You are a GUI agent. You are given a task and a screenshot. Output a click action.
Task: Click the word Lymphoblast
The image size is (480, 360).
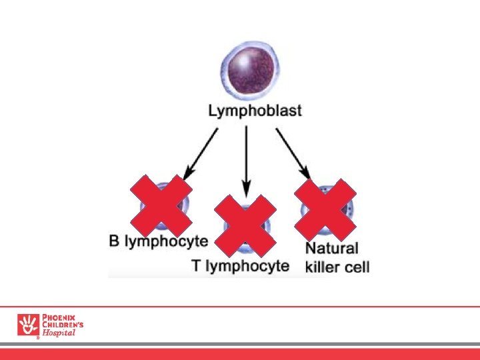point(255,111)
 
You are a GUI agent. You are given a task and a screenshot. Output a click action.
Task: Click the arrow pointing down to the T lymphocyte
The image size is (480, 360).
point(247,160)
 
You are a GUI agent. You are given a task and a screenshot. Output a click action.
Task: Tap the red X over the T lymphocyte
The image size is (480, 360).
point(245,226)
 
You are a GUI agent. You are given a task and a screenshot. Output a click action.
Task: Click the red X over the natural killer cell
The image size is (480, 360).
point(325,209)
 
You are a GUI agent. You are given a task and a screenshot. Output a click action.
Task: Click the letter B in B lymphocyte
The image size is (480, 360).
point(114,241)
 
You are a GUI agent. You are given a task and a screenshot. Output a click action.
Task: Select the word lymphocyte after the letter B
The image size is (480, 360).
point(167,241)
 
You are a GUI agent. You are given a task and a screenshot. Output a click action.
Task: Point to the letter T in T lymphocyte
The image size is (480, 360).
point(196,265)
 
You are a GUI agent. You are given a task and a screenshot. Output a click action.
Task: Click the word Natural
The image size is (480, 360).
point(332,249)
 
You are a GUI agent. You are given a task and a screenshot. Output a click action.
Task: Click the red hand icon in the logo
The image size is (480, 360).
point(28,325)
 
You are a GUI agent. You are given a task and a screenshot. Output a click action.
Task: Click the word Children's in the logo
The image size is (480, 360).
point(63,325)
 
